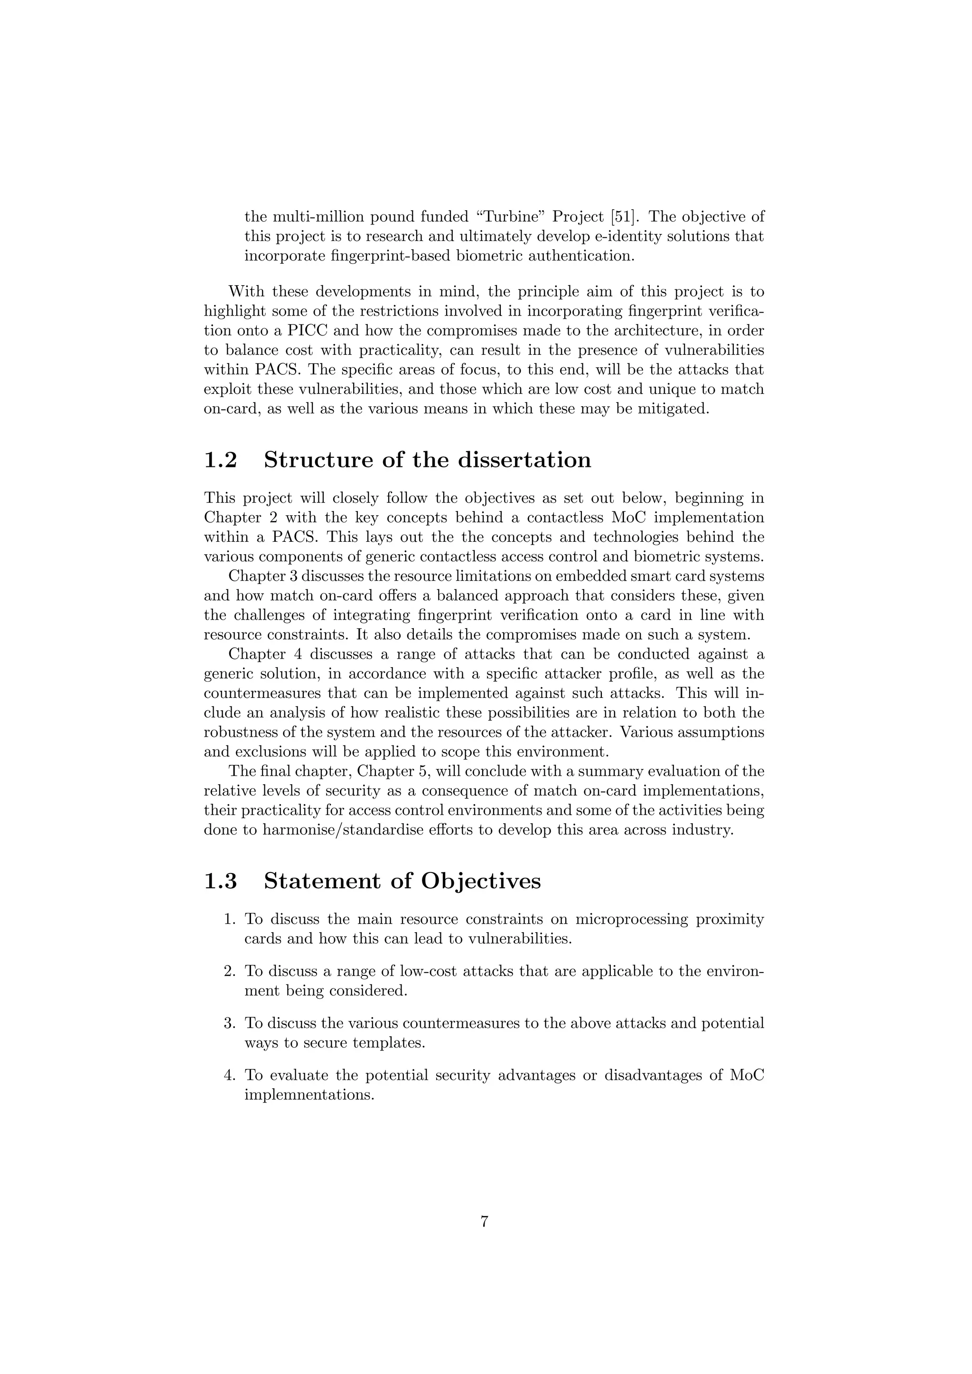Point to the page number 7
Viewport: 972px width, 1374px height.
[485, 1222]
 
